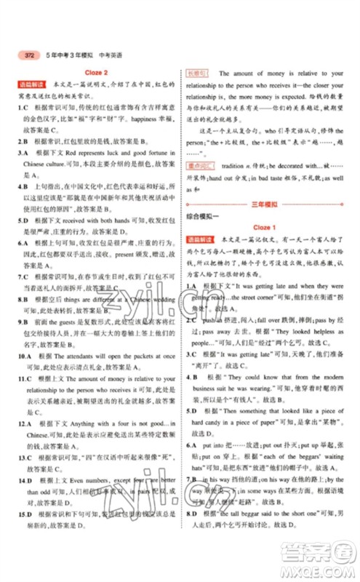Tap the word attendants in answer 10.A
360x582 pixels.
click(84, 359)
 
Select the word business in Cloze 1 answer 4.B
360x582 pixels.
click(211, 391)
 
